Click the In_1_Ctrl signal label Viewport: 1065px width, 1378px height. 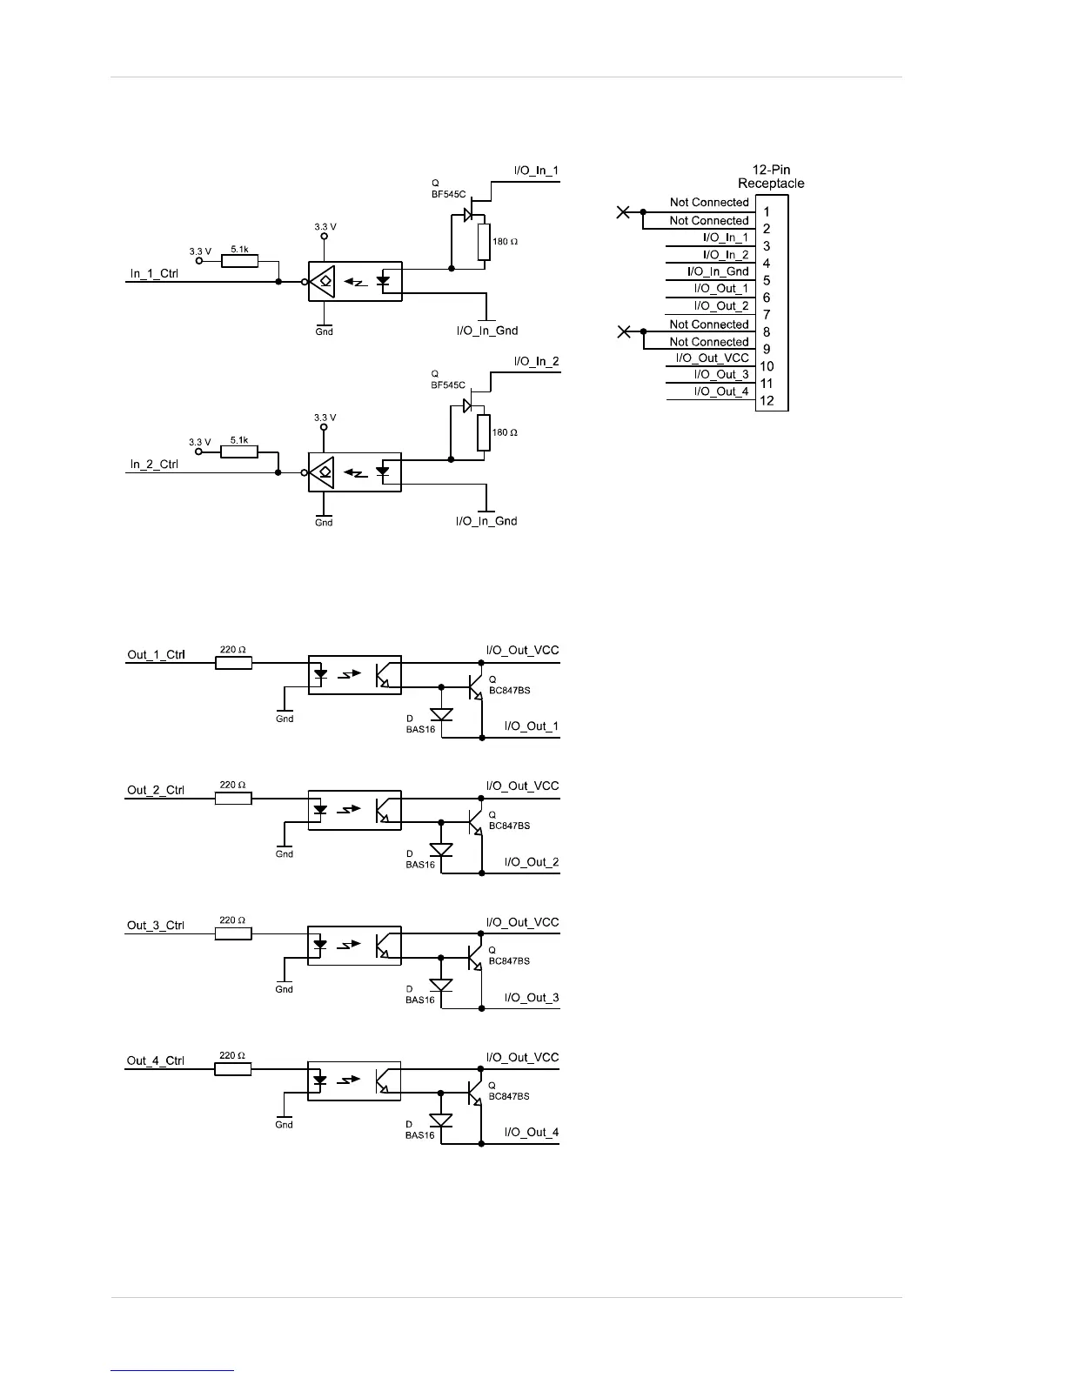154,273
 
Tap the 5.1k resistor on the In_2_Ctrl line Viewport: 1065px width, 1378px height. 239,452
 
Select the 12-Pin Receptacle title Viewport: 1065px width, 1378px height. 771,177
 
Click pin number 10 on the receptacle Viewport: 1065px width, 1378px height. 767,366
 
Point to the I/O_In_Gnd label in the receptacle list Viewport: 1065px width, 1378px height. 718,271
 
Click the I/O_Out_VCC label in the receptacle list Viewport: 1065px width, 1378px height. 712,358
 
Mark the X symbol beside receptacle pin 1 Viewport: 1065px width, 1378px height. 623,211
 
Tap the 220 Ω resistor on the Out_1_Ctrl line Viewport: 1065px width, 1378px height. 234,663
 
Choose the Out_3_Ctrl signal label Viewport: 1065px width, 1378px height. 156,925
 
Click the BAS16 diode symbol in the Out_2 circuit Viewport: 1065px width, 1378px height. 442,850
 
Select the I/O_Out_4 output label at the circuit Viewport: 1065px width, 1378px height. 532,1132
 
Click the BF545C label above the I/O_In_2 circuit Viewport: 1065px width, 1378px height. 448,385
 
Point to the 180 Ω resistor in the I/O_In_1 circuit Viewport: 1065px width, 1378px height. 484,242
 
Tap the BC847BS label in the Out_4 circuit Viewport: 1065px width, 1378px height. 509,1096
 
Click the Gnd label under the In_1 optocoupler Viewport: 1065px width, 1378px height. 324,331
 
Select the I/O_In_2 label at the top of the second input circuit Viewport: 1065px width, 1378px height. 536,361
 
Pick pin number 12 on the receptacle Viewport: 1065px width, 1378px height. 767,401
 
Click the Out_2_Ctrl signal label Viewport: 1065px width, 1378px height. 156,790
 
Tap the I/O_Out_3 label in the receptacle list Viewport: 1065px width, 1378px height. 720,374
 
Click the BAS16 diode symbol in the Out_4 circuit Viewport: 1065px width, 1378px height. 442,1120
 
